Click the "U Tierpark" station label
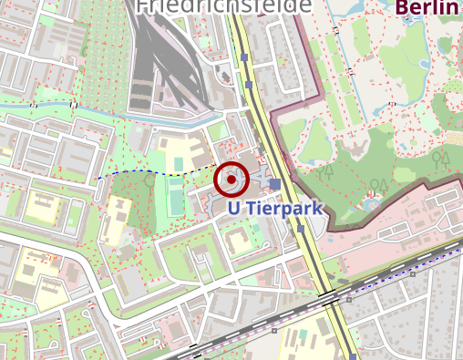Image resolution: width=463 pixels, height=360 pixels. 275,209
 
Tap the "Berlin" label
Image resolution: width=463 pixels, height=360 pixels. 427,9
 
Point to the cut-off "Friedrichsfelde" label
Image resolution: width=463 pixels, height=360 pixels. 223,5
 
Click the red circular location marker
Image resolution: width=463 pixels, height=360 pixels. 231,180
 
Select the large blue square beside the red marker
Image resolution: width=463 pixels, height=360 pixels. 275,184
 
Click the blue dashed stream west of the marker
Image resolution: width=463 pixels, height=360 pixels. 146,172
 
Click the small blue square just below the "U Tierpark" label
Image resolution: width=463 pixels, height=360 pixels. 301,229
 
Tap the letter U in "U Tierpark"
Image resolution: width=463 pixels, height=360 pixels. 234,209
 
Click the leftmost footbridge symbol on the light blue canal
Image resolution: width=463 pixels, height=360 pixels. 33,106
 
